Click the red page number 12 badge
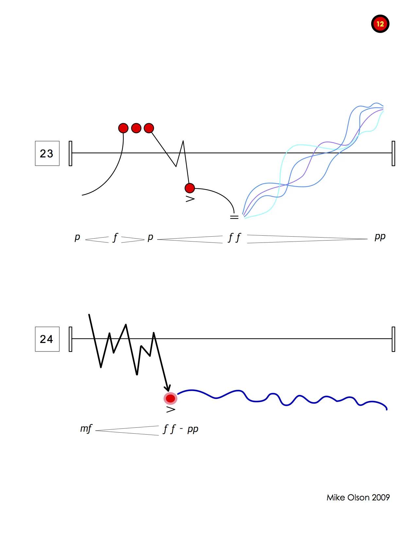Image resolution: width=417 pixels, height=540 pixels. pyautogui.click(x=380, y=24)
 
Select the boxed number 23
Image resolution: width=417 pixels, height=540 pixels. pyautogui.click(x=47, y=153)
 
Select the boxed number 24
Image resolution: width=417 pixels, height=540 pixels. pyautogui.click(x=47, y=339)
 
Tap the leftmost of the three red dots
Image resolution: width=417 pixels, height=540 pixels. pyautogui.click(x=123, y=128)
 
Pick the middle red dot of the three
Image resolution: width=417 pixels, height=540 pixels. pyautogui.click(x=136, y=128)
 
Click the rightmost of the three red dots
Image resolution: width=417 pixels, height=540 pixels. pyautogui.click(x=149, y=128)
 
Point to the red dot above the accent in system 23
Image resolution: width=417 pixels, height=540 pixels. pyautogui.click(x=190, y=188)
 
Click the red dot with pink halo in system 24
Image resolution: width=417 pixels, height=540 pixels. pyautogui.click(x=170, y=398)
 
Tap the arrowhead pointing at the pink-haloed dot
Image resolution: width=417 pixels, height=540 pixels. pyautogui.click(x=167, y=388)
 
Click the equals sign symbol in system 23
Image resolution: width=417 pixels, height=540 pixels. pyautogui.click(x=234, y=217)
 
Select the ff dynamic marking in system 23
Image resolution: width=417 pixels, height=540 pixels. pyautogui.click(x=234, y=238)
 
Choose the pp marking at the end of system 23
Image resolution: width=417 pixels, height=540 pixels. pyautogui.click(x=380, y=237)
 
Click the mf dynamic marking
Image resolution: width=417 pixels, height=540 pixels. pyautogui.click(x=86, y=429)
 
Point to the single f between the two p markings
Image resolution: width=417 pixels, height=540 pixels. pyautogui.click(x=115, y=238)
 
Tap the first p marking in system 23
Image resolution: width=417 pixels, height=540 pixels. pyautogui.click(x=77, y=237)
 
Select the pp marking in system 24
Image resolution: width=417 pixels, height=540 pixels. pyautogui.click(x=193, y=429)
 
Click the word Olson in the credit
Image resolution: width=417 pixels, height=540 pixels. pyautogui.click(x=358, y=497)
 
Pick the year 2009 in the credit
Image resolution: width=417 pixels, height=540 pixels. pyautogui.click(x=381, y=497)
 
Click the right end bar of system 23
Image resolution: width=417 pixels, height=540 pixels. pyautogui.click(x=393, y=153)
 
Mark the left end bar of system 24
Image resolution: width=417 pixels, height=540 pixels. pyautogui.click(x=70, y=339)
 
